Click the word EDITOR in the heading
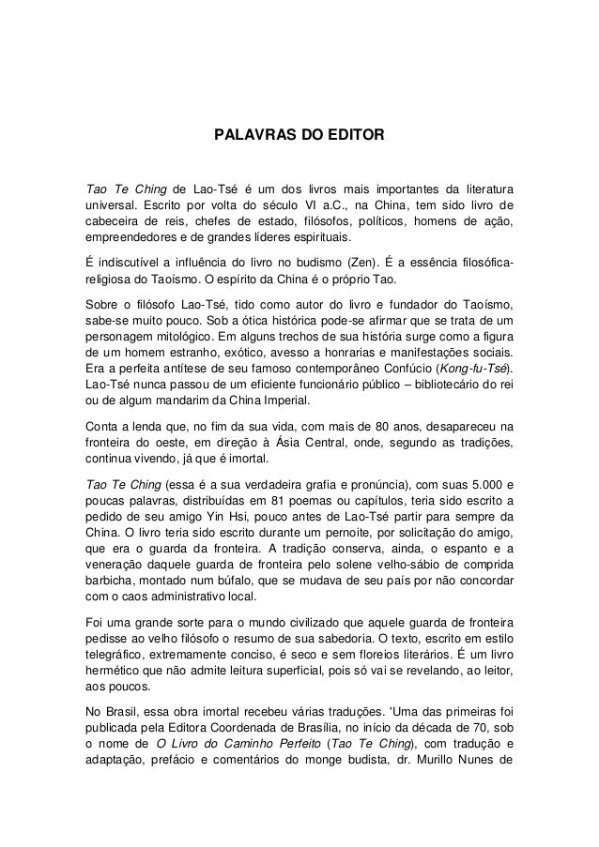349,137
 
